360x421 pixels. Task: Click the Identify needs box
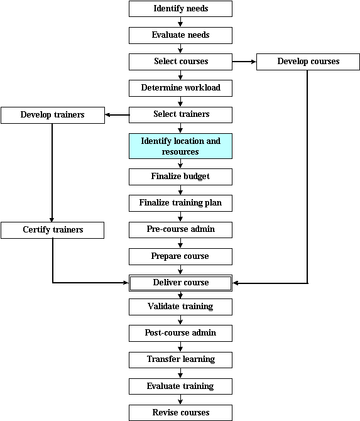point(180,9)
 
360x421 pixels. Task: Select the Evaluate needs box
point(180,35)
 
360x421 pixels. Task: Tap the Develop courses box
point(308,62)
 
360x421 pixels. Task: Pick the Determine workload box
point(180,88)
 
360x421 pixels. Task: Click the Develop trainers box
point(53,115)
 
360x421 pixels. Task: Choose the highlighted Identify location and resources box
point(180,146)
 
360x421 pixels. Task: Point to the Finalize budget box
point(180,177)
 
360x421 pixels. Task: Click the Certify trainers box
point(52,230)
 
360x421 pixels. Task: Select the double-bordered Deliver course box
point(180,283)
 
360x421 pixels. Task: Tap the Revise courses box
point(180,413)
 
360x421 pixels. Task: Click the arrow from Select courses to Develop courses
point(244,62)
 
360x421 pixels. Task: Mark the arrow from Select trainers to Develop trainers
point(117,115)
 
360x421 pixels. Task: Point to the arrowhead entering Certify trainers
point(52,220)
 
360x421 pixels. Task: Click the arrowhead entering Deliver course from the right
point(236,283)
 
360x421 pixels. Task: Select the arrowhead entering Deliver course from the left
point(126,283)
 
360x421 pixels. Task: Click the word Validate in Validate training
point(163,306)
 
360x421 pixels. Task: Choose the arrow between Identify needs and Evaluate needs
point(180,22)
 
